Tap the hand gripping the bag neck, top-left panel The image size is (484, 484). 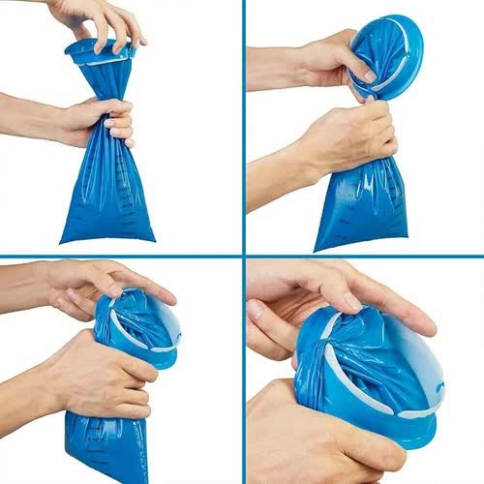pyautogui.click(x=102, y=121)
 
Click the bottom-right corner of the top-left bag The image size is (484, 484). pyautogui.click(x=152, y=236)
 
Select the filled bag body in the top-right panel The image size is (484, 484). pyautogui.click(x=363, y=208)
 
